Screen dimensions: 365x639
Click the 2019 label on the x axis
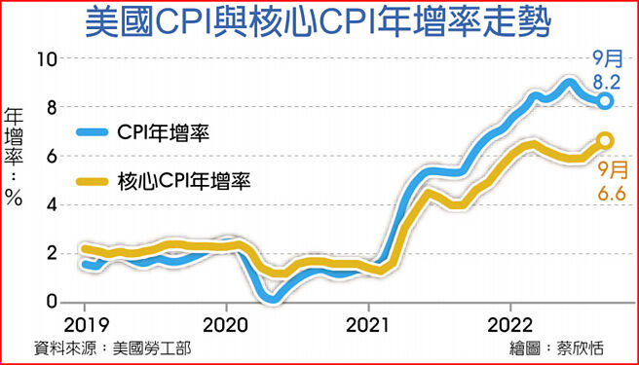tap(85, 323)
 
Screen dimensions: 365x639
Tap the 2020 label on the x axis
tap(227, 323)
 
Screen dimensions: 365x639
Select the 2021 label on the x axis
tap(368, 323)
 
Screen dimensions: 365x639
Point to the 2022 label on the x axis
tap(509, 323)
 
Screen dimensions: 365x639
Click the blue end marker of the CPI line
tap(605, 101)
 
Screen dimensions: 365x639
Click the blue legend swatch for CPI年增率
tap(94, 130)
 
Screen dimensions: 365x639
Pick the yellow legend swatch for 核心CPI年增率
tap(94, 179)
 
